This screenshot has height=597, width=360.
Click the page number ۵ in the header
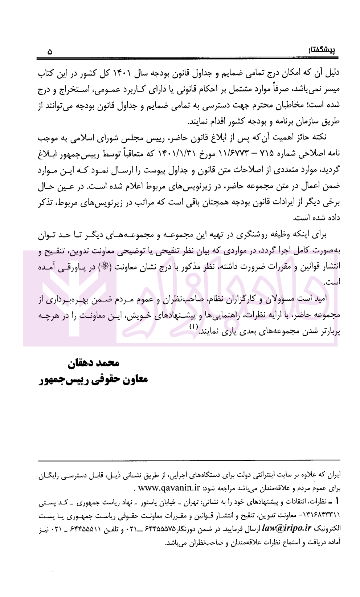[x=50, y=52]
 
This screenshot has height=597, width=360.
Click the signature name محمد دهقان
[x=93, y=363]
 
